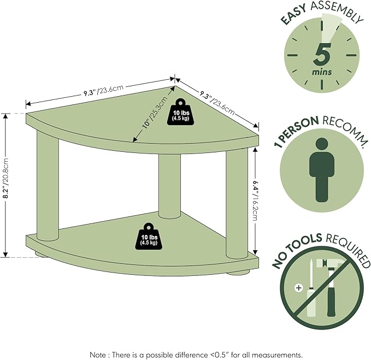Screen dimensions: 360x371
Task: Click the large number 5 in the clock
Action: (323, 54)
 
